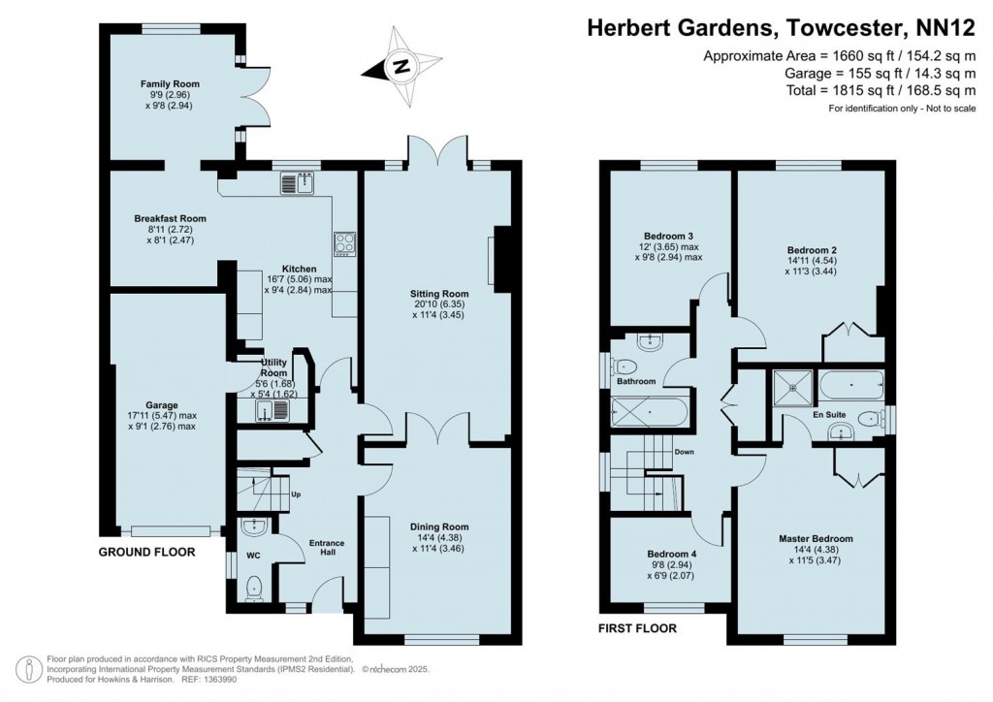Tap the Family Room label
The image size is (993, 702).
pyautogui.click(x=170, y=84)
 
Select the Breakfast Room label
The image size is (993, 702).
pyautogui.click(x=170, y=219)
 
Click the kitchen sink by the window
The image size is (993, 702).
pyautogui.click(x=300, y=181)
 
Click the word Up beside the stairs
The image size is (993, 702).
pyautogui.click(x=296, y=495)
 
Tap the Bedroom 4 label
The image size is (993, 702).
pyautogui.click(x=670, y=556)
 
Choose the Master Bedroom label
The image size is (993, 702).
pyautogui.click(x=816, y=538)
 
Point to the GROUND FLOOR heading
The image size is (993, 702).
pyautogui.click(x=146, y=552)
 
